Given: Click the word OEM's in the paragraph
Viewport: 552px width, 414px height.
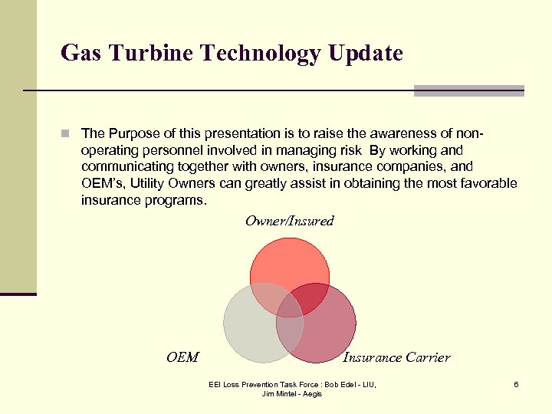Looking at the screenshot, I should point(102,184).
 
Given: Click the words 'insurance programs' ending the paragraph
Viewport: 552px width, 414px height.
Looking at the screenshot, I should point(143,201).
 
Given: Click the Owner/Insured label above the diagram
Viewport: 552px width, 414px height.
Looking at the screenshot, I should point(289,222).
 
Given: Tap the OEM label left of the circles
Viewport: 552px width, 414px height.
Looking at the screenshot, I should point(182,357).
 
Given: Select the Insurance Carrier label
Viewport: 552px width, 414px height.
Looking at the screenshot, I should point(396,357).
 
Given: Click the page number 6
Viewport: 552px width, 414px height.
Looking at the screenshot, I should point(516,384).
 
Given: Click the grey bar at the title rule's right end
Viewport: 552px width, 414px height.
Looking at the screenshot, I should point(468,90).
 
